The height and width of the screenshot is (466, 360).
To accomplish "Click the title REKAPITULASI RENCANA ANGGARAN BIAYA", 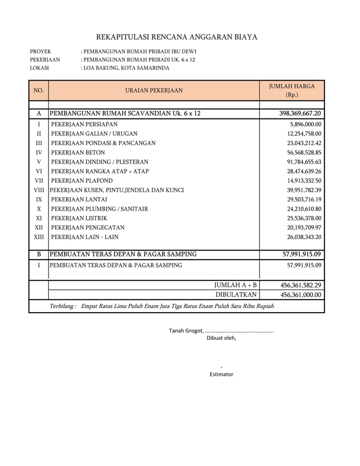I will coord(177,37).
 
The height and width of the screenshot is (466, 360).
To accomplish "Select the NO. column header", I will coord(39,91).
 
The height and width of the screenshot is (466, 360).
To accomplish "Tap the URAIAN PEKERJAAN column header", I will coord(154,91).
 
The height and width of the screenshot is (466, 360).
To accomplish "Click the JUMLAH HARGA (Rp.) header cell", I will coord(292,91).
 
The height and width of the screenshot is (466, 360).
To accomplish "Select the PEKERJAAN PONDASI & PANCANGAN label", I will coord(103,143).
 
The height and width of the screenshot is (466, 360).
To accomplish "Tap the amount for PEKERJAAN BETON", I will coord(304,152).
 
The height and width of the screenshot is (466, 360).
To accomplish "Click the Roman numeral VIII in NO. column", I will coord(39,190).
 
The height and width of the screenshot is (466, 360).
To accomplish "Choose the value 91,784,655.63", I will coord(304,162).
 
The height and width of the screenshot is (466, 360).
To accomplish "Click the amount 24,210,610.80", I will coord(304,209).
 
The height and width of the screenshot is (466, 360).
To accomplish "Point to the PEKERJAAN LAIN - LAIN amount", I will coord(304,237).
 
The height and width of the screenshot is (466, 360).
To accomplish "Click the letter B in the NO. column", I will coord(39,254).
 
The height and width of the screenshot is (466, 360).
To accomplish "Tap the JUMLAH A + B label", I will coord(235,285).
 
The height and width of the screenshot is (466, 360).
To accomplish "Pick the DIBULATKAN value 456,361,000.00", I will coord(301,295).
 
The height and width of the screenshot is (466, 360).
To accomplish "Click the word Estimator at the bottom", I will coord(221,374).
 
